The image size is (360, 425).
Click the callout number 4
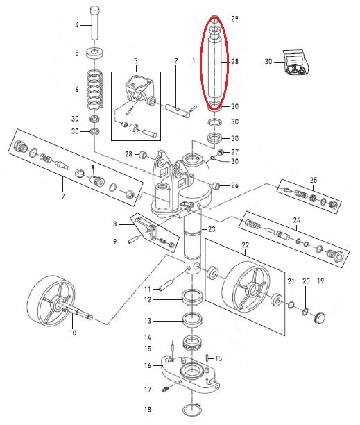[76, 25]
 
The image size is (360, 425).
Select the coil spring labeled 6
[95, 89]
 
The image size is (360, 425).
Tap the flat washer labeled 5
[95, 52]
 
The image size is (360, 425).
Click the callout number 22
[246, 245]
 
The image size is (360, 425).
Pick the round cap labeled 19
[320, 317]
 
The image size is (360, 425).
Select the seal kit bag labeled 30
[295, 62]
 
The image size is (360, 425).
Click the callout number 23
[212, 229]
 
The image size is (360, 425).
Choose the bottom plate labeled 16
[190, 374]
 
